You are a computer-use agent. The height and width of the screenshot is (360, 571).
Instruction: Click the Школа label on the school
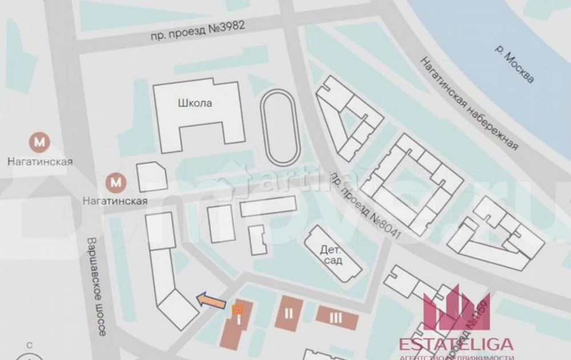coord(195,104)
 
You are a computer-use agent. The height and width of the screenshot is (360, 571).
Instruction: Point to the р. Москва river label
coord(514,63)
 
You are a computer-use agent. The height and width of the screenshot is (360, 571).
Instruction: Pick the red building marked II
coord(289,313)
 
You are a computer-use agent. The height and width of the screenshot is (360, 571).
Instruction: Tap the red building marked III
coord(337,317)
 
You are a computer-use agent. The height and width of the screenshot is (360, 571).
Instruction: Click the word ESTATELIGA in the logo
coord(456,344)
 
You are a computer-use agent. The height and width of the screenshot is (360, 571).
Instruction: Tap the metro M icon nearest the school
coord(116,183)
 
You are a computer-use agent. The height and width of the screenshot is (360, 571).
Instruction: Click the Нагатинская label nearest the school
coord(115,201)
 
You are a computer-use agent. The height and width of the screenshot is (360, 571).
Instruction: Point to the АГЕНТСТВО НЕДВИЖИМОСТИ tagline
coord(456,357)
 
